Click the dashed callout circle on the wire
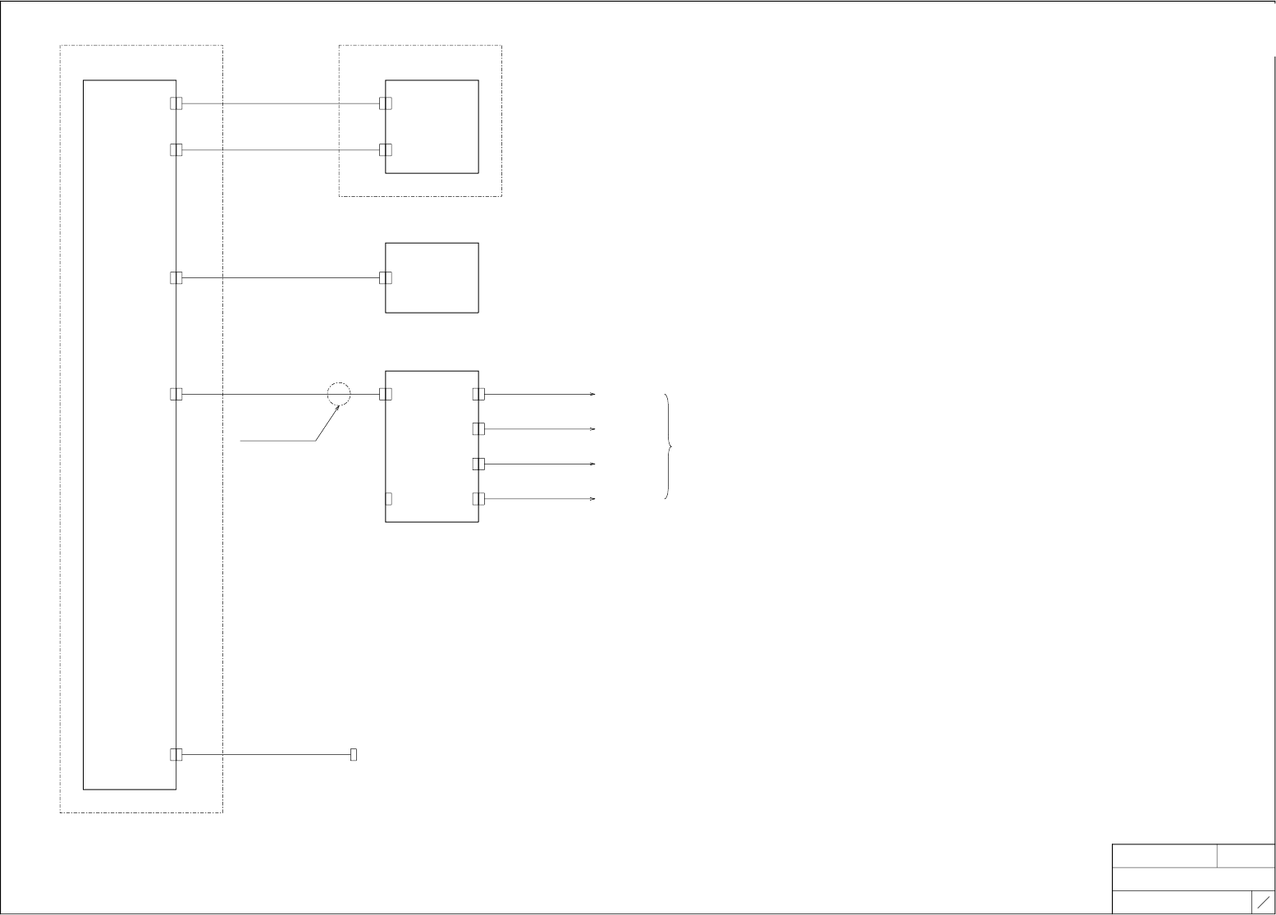tap(339, 394)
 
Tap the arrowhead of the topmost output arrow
tap(592, 395)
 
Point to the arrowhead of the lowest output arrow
tap(592, 499)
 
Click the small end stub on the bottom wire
tap(354, 754)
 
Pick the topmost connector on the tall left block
tap(176, 103)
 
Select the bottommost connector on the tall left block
tap(176, 754)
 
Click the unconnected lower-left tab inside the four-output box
tap(389, 499)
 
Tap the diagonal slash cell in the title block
tap(1263, 901)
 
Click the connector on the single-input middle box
tap(386, 278)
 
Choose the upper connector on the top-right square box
tap(386, 103)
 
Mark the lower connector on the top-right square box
tap(386, 150)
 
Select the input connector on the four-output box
tap(386, 394)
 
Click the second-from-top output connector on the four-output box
tap(478, 429)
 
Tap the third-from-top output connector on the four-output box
tap(478, 464)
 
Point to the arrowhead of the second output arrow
tap(592, 429)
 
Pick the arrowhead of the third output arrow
tap(592, 464)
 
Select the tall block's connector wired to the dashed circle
tap(176, 394)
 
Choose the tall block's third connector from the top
tap(176, 278)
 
